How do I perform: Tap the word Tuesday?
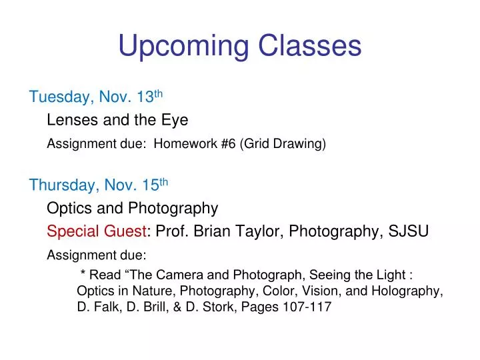coord(60,97)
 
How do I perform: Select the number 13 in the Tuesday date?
coord(145,97)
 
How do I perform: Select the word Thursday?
coord(63,185)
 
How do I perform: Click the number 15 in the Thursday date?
coord(150,185)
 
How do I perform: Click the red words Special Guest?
coord(97,231)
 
